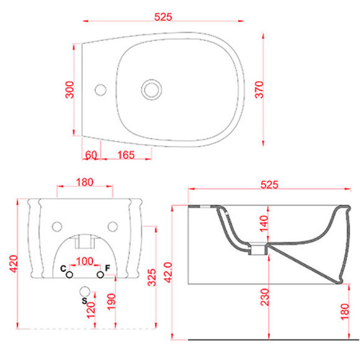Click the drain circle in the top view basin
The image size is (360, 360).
coord(151,89)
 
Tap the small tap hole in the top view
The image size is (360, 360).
coord(101,90)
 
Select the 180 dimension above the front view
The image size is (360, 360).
coord(84,182)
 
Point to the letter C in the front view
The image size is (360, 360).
coord(63,268)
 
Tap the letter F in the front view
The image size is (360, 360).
coord(107,268)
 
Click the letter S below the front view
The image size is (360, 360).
coord(84,301)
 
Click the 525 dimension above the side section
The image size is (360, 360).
coord(269,184)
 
